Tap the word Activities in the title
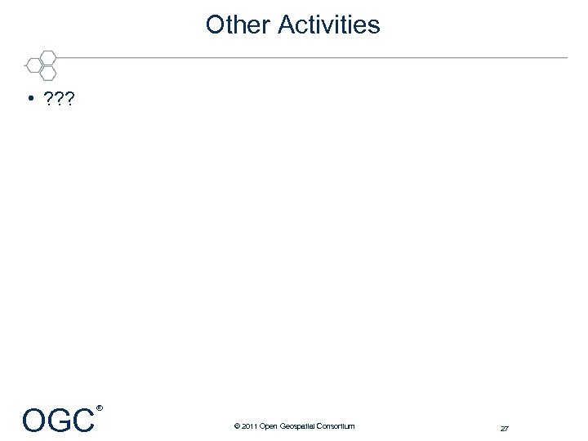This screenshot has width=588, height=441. coord(328,24)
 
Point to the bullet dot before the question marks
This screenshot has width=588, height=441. coord(29,99)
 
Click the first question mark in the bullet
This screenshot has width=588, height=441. coord(48,99)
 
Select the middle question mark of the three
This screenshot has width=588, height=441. coord(59,99)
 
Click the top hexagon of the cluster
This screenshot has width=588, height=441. coord(48,57)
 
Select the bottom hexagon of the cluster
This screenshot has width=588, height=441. coord(48,72)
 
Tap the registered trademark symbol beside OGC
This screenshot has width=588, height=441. coord(99,407)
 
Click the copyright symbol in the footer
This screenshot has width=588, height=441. coord(236,426)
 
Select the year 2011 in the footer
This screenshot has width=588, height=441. coord(248,426)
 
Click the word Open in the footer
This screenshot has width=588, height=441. coord(268,426)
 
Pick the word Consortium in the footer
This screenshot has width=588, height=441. coord(337,426)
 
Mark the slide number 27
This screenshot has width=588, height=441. coord(505,428)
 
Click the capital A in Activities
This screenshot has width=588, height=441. coord(285,24)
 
